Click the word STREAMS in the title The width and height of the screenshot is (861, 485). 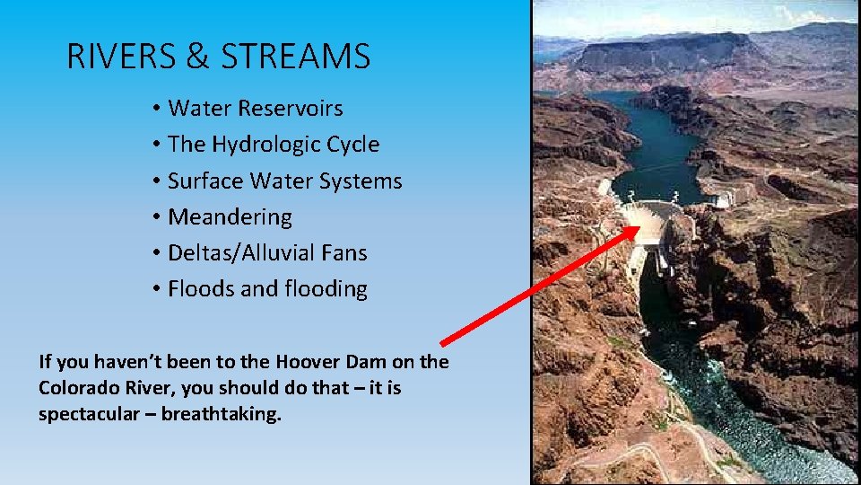296,57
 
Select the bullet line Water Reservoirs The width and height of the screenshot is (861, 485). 255,109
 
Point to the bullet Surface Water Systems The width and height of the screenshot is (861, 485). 284,181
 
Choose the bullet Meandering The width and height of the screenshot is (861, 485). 230,216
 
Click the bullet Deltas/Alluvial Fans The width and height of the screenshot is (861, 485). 267,252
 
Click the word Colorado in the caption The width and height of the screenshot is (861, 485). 78,389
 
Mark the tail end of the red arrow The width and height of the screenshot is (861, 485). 444,342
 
